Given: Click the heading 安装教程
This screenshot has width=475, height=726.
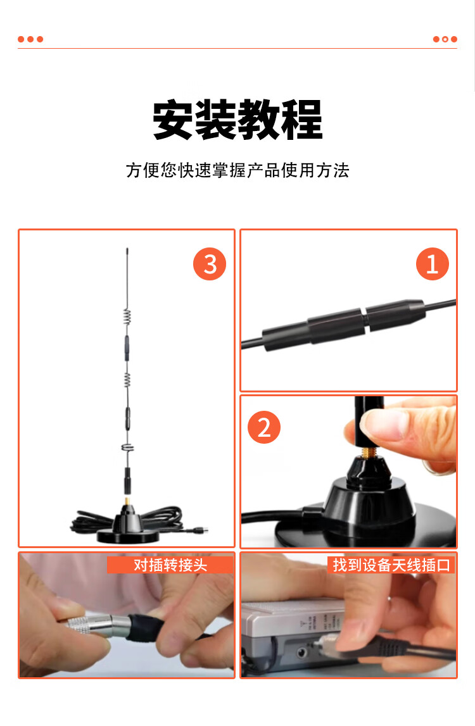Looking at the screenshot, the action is click(x=237, y=120).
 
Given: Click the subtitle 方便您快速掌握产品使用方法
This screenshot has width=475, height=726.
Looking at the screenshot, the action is click(x=237, y=170).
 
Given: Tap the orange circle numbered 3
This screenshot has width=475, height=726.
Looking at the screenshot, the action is click(x=210, y=264).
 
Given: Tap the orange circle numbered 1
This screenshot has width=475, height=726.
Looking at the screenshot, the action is click(x=433, y=264).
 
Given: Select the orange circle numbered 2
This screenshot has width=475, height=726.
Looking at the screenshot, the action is click(x=264, y=427).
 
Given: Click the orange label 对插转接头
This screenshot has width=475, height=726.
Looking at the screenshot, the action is click(x=170, y=565).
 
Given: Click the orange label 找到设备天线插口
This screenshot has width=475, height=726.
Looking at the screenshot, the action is click(x=391, y=565).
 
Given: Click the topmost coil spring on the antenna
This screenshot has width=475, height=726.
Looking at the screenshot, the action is click(x=127, y=316).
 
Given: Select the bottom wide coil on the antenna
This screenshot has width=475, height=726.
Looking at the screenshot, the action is click(x=127, y=447).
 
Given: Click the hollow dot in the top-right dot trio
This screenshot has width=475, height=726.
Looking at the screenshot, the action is click(x=445, y=39).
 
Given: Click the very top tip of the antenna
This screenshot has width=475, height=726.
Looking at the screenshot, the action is click(x=127, y=249).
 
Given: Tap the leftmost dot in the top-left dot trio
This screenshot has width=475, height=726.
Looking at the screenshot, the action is click(x=21, y=39).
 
